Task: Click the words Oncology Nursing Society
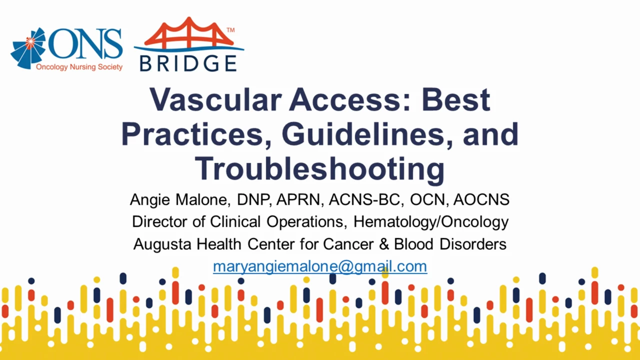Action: [x=79, y=67]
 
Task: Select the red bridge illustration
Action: [x=188, y=32]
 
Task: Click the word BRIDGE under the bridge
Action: [x=188, y=63]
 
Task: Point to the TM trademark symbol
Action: [x=230, y=30]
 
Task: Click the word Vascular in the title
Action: [x=215, y=99]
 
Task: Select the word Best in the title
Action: [x=456, y=99]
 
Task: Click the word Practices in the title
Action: [x=196, y=134]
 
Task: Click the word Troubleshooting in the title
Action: [x=319, y=169]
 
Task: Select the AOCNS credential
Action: [x=481, y=199]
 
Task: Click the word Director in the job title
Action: [x=159, y=221]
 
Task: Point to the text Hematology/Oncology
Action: [x=431, y=222]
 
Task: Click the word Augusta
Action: [x=162, y=244]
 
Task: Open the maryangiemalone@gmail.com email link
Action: [x=320, y=266]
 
